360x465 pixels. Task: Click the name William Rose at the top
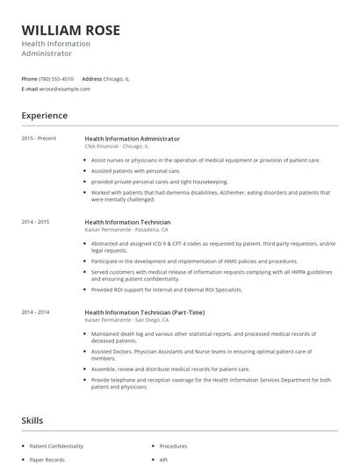click(70, 30)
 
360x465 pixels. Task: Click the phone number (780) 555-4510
click(57, 78)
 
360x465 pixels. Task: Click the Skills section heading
click(32, 421)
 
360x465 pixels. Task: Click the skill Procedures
click(174, 446)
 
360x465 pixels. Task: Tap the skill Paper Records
click(48, 458)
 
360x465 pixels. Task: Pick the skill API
click(164, 458)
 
